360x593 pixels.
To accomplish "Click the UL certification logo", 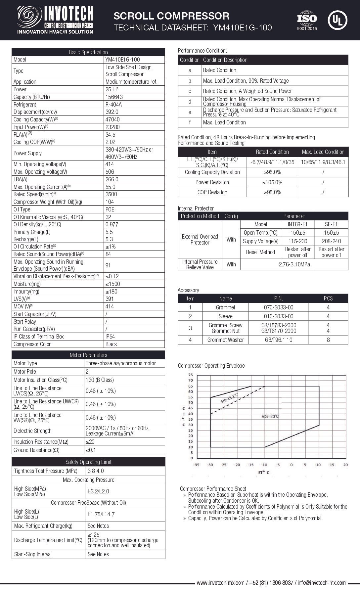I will pos(337,20).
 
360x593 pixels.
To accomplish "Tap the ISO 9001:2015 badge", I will pos(307,21).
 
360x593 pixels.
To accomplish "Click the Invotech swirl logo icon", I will pos(30,17).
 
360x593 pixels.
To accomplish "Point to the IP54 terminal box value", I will pos(111,337).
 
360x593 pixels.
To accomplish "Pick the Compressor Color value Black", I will pos(111,344).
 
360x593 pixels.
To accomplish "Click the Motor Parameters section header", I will pos(88,355).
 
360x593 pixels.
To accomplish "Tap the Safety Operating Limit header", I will pos(88,462).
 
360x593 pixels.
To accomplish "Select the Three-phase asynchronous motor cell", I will pos(120,363).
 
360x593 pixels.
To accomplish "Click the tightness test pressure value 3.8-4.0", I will pos(96,471).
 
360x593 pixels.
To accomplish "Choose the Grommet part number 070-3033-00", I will pos(278,307).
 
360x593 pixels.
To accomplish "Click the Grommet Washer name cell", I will pos(225,340).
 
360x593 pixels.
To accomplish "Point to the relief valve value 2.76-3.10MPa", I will pos(294,264).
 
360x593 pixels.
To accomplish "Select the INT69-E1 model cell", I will pos(298,224).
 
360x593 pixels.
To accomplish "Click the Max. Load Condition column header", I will pos(323,152).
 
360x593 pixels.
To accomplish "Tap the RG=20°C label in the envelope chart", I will pos(270,416).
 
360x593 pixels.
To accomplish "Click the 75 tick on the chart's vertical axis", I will pos(190,375).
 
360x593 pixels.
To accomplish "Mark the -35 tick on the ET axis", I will pos(197,465).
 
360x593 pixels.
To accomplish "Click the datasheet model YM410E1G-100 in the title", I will pos(243,27).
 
